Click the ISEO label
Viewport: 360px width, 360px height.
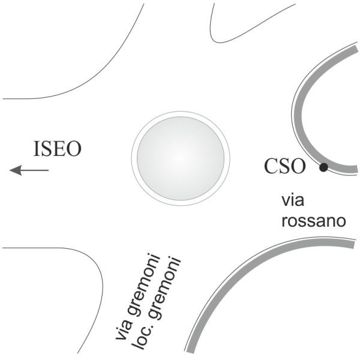(57, 149)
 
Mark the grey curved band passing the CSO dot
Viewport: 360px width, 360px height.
(300, 120)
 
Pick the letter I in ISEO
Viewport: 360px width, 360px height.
(37, 149)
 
